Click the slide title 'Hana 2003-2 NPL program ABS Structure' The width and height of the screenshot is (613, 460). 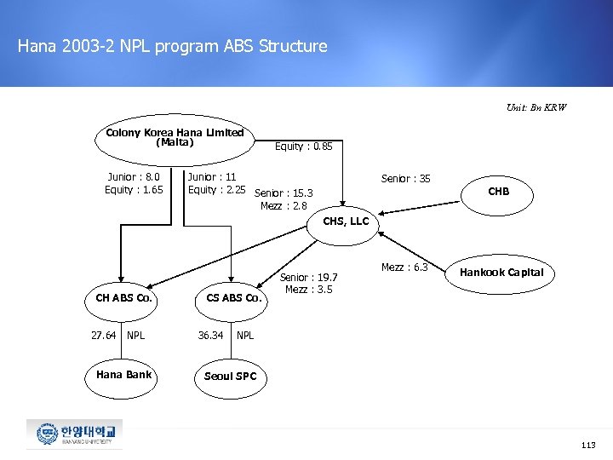click(172, 46)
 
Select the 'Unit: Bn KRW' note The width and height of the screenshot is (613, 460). click(536, 108)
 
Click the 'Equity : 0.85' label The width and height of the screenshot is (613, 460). click(303, 147)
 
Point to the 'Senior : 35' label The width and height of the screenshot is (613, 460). click(405, 179)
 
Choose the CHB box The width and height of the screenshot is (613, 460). click(498, 192)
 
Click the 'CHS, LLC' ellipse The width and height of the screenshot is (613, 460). click(346, 221)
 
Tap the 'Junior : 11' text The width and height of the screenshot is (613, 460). click(212, 177)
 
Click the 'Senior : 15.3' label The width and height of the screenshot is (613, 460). click(284, 193)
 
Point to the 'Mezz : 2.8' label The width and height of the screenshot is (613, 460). click(284, 205)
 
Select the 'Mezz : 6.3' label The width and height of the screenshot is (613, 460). click(404, 267)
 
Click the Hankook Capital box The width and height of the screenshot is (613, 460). click(501, 273)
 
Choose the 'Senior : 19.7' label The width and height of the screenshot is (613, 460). click(309, 278)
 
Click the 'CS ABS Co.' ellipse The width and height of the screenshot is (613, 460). click(234, 298)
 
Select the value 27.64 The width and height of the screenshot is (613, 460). click(103, 336)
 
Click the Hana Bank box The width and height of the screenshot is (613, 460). click(123, 375)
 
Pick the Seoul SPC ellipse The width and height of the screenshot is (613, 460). click(230, 377)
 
